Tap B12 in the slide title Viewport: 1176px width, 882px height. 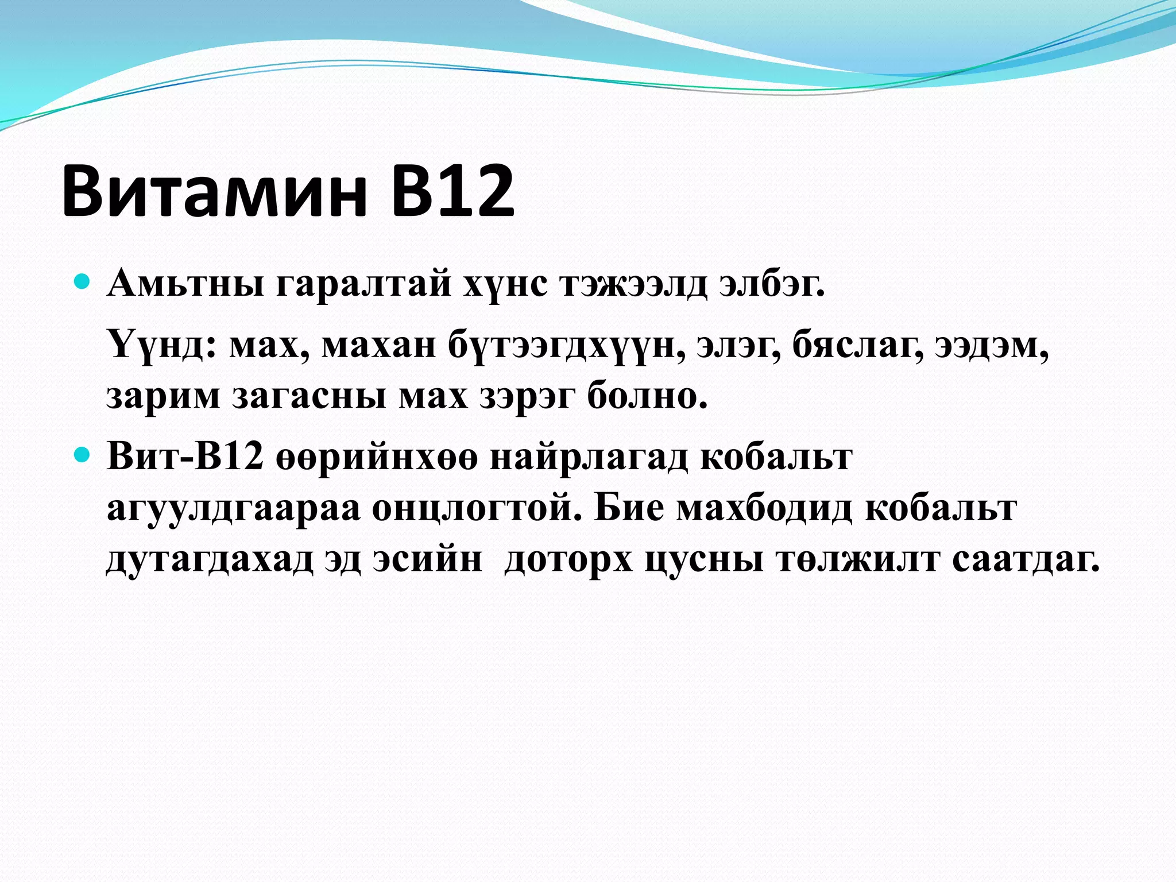[453, 191]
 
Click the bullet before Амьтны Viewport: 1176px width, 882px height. [83, 282]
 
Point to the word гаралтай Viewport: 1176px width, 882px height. [363, 284]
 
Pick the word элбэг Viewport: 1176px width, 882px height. [772, 284]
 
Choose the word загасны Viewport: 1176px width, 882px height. [309, 396]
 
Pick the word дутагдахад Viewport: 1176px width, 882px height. [210, 559]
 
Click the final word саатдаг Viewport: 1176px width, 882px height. [1026, 559]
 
